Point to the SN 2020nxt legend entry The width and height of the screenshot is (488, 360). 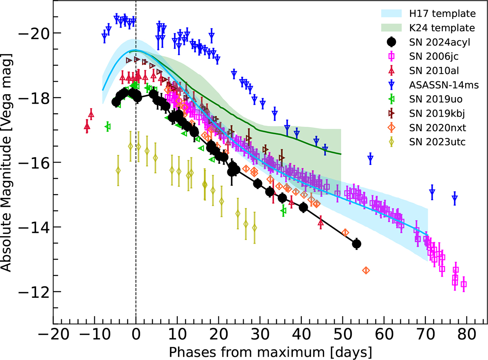tap(430, 128)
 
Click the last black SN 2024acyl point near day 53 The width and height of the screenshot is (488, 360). tap(357, 244)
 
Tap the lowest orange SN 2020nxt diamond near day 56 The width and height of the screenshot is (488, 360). tap(366, 270)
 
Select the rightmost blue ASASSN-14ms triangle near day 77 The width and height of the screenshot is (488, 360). tap(455, 198)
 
